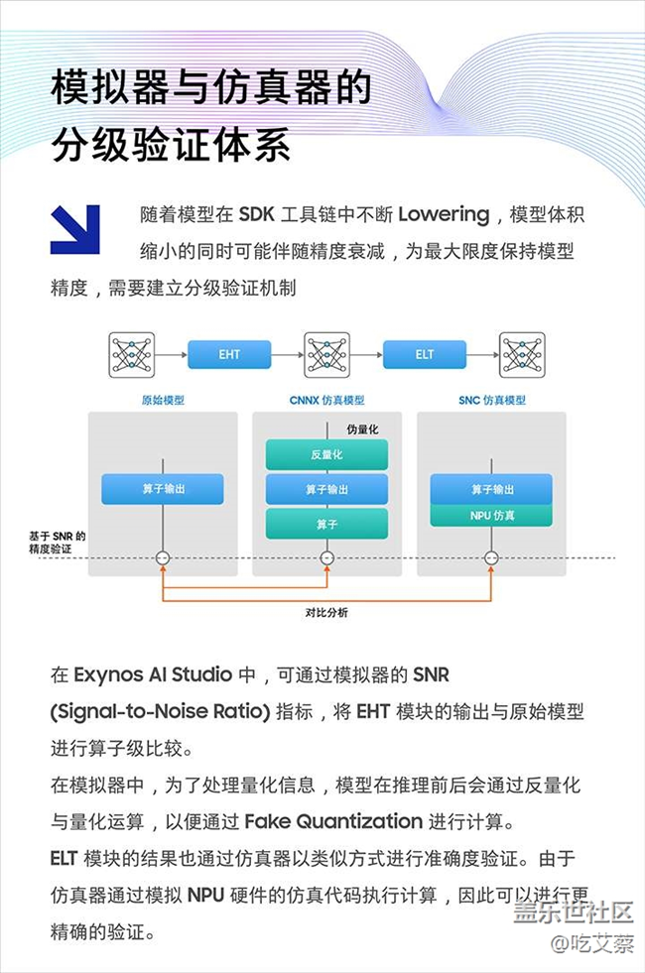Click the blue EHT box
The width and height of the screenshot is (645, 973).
[x=229, y=354]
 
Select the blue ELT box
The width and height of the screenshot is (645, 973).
[x=425, y=354]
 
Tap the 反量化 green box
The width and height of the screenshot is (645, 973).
[x=326, y=454]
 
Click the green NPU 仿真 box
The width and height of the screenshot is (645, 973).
[x=491, y=516]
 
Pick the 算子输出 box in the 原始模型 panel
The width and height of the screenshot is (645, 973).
[x=163, y=489]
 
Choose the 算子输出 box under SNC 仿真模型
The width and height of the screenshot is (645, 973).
[x=491, y=489]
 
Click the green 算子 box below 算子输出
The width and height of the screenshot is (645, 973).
[x=326, y=524]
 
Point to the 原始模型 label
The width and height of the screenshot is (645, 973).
[x=163, y=401]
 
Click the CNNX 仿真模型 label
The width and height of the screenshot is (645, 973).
[x=326, y=401]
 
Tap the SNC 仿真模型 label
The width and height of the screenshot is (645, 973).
[x=492, y=401]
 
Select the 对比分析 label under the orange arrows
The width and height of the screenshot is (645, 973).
[x=326, y=612]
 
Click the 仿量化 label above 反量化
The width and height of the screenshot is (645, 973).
[x=361, y=428]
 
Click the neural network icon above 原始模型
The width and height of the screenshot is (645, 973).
[x=132, y=354]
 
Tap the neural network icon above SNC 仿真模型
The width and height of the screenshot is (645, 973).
[x=522, y=354]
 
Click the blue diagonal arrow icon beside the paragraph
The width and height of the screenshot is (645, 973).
[x=75, y=229]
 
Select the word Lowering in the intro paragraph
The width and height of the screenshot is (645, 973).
[x=444, y=214]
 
